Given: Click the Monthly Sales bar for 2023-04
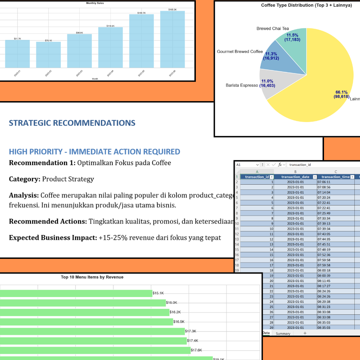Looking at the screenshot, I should click(x=111, y=48).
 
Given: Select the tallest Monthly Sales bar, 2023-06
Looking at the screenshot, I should click(x=172, y=40).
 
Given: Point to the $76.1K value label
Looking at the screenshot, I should click(x=48, y=40).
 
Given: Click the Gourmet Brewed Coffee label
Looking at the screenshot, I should click(x=240, y=52).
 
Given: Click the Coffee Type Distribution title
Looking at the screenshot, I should click(x=306, y=5).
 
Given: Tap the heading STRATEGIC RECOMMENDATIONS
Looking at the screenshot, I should click(x=72, y=123).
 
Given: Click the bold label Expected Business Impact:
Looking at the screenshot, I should click(x=53, y=238).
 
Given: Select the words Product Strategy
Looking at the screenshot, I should click(x=68, y=179).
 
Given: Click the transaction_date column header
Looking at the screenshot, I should click(x=295, y=177).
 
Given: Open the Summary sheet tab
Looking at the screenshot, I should click(x=283, y=334).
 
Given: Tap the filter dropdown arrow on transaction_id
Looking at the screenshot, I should click(x=272, y=177).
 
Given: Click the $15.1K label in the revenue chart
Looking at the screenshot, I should click(x=158, y=293).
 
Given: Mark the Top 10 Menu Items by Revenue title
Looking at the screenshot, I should click(x=92, y=277).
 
